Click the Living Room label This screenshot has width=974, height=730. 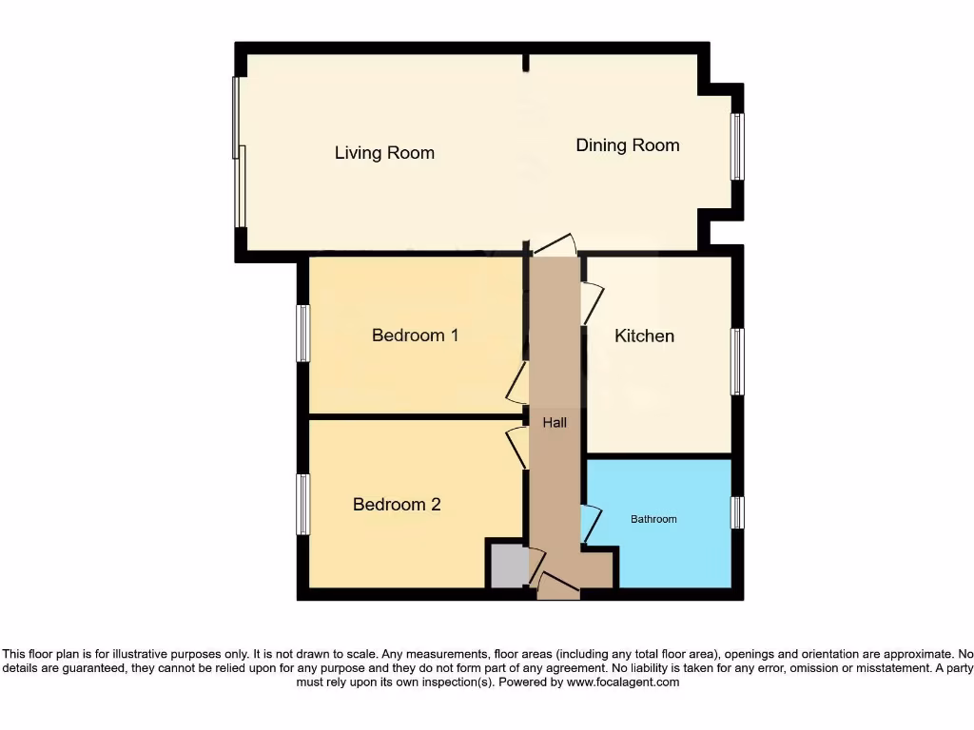(384, 153)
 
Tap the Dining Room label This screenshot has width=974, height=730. (628, 145)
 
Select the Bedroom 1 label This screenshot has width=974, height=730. (415, 336)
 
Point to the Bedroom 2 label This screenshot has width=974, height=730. (397, 505)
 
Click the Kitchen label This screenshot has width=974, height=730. (644, 336)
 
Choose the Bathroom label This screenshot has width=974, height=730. (653, 519)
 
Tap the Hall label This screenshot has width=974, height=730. (555, 422)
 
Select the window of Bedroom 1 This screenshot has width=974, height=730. (303, 334)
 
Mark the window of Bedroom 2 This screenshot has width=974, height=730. (303, 504)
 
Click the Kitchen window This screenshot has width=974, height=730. (737, 361)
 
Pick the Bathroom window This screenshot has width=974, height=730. (737, 512)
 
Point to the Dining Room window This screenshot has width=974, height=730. (737, 146)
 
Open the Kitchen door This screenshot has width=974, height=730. (592, 302)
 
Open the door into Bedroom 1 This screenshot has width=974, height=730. (518, 382)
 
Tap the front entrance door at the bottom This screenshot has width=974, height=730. (558, 586)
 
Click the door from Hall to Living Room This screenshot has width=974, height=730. (555, 244)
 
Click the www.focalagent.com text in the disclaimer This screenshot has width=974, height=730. (623, 682)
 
